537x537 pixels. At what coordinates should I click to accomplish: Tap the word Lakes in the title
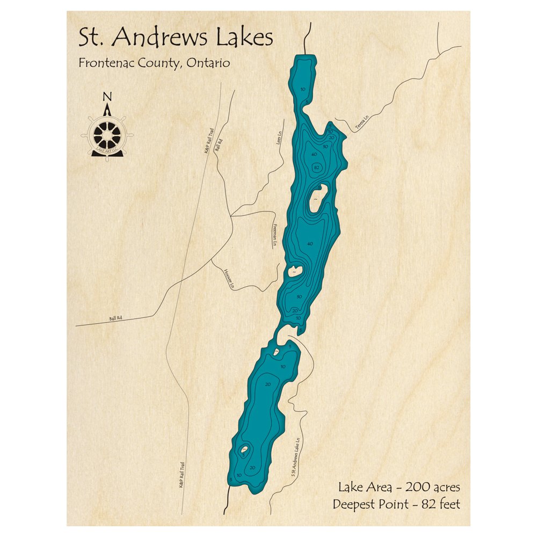[x=244, y=38]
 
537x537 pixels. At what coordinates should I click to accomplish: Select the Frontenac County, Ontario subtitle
[x=154, y=63]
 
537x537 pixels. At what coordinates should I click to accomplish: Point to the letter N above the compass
[x=107, y=97]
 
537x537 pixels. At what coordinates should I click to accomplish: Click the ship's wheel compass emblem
[x=107, y=134]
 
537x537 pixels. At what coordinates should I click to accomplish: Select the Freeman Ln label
[x=274, y=235]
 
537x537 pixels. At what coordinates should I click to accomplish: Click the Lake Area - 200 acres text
[x=399, y=488]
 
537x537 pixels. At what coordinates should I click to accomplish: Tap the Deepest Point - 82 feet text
[x=396, y=504]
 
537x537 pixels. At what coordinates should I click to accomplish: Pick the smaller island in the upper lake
[x=295, y=271]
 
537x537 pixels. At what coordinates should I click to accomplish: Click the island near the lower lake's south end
[x=244, y=449]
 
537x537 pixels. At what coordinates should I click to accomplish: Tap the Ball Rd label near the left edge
[x=116, y=318]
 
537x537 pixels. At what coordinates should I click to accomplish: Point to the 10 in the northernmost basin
[x=303, y=89]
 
